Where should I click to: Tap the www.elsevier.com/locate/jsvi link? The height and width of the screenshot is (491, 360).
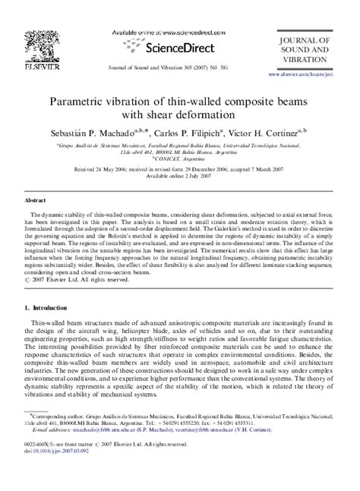coord(308,76)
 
